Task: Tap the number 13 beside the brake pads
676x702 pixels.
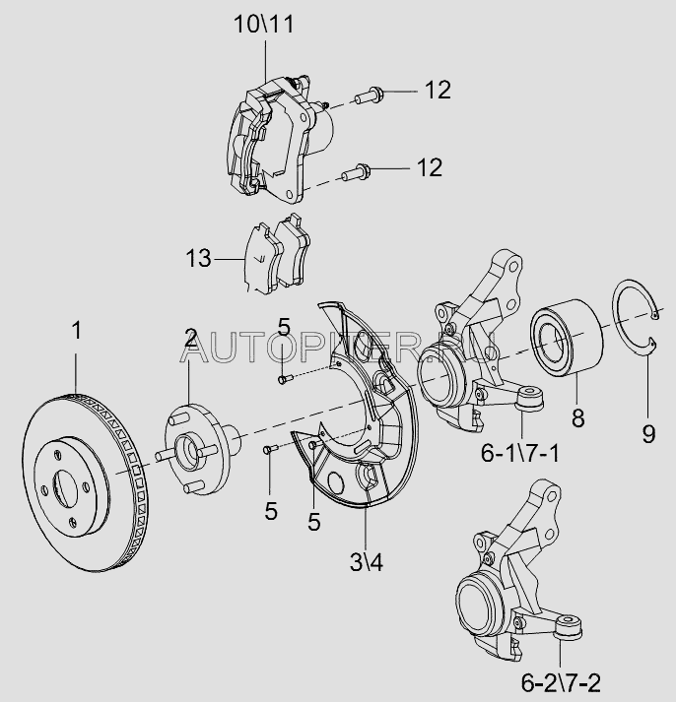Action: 198,259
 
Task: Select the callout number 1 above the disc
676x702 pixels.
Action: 76,331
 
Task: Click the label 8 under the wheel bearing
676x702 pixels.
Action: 577,417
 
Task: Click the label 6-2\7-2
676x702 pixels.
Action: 560,681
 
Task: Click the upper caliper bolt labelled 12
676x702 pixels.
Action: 371,95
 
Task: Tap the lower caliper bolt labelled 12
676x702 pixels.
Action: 355,174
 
